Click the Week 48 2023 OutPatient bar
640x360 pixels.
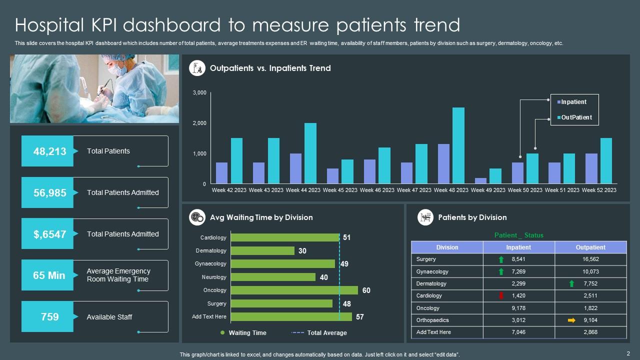pos(458,145)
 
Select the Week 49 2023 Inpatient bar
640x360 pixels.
pos(480,180)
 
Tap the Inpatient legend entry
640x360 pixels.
pos(573,102)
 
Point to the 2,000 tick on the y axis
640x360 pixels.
pos(199,123)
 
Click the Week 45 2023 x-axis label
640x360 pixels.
pos(340,190)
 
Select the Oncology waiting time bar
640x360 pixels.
pos(294,290)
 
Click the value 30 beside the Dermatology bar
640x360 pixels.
pos(302,251)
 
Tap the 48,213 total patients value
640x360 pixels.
pos(49,151)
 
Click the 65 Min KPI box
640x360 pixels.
pos(49,275)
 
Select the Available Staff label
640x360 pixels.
pos(109,317)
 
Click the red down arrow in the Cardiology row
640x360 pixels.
pos(501,296)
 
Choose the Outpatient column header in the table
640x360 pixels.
pos(590,247)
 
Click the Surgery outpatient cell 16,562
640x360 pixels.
pos(590,259)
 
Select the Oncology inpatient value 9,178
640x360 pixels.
pos(518,308)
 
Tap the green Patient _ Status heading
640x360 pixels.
pos(518,235)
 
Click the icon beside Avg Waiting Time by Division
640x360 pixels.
pos(197,217)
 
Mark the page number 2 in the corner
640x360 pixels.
pos(628,353)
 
